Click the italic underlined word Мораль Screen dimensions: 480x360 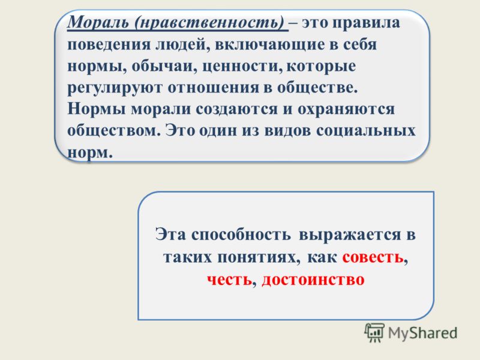point(98,23)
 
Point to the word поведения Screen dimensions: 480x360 point(109,45)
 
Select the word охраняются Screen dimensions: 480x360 point(346,110)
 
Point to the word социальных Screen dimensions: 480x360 point(366,131)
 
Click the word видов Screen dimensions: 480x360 point(287,131)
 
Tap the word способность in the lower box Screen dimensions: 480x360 point(241,235)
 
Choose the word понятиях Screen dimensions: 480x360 point(259,257)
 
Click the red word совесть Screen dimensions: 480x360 point(373,257)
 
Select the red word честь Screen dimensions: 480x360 point(229,279)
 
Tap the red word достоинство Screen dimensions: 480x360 point(313,279)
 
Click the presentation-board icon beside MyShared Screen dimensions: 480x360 point(374,333)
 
